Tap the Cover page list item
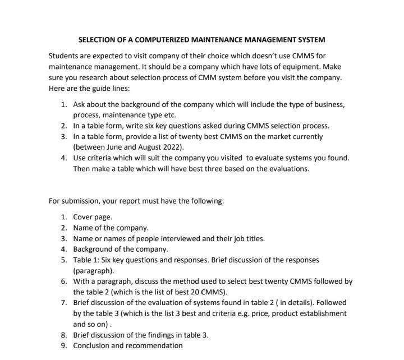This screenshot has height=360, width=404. (93, 217)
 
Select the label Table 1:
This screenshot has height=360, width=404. (86, 260)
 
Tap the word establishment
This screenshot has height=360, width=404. (319, 313)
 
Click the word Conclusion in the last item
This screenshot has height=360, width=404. (93, 345)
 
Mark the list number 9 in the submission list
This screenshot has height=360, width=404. (64, 345)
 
